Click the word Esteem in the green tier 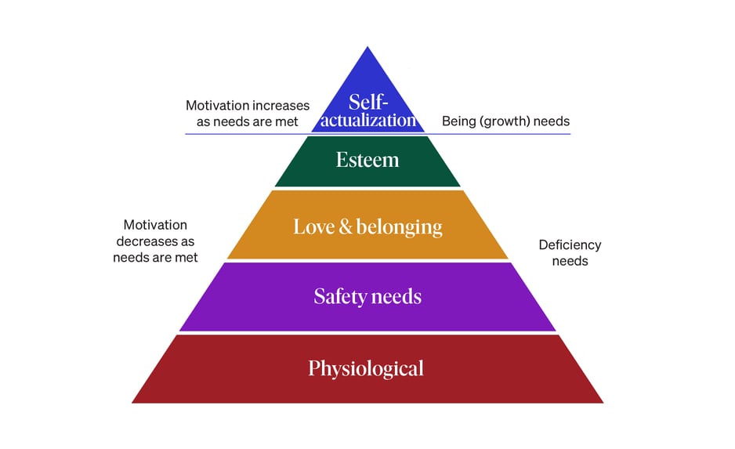(367, 161)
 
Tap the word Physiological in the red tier (366, 368)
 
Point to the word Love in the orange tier (314, 227)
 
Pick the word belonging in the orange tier (400, 228)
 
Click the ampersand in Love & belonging (346, 228)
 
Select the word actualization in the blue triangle (368, 120)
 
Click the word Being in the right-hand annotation (459, 121)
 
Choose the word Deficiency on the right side (570, 245)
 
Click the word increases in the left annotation (281, 105)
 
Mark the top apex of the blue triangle (367, 47)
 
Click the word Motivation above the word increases (218, 105)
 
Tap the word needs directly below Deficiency (570, 261)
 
